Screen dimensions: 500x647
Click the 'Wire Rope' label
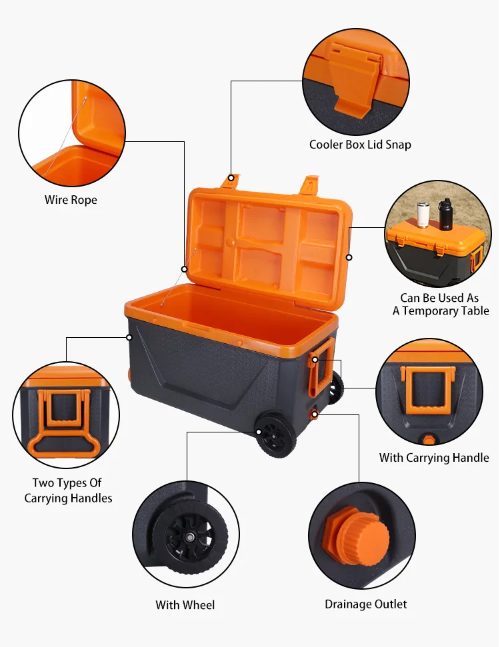(71, 200)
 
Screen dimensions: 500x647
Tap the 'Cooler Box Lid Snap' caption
(360, 145)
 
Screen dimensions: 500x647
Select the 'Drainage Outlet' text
(365, 604)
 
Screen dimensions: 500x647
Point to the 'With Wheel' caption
(185, 605)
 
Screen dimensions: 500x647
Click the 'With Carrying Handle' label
(434, 458)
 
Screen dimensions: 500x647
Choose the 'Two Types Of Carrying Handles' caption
(68, 490)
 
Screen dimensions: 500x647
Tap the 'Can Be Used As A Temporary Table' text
(440, 305)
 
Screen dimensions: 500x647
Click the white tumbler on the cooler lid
(423, 215)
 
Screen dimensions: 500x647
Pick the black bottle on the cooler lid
(445, 213)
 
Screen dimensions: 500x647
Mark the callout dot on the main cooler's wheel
(258, 431)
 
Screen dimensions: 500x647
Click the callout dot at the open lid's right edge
(349, 257)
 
